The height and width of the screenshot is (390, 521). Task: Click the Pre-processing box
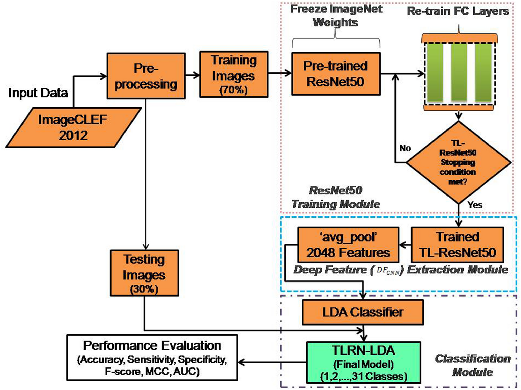(146, 76)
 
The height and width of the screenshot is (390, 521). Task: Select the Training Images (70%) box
(234, 74)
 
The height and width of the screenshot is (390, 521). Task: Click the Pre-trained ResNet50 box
(336, 74)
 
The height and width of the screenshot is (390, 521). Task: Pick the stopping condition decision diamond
(458, 162)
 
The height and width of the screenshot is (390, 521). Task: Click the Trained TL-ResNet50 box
(457, 245)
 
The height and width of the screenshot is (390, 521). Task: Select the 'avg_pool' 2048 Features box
(348, 245)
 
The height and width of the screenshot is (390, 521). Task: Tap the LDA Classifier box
(363, 312)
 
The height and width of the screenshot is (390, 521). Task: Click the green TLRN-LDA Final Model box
(363, 362)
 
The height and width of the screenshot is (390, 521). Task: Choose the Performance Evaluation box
(152, 358)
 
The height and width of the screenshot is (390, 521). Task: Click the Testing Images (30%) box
(144, 273)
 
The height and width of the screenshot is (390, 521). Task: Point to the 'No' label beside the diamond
(405, 148)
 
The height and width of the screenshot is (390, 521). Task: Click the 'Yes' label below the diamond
(475, 205)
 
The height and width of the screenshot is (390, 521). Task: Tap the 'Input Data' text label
(38, 93)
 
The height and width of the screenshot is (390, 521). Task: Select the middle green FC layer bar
(459, 72)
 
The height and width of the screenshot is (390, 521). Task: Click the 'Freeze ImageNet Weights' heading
(336, 16)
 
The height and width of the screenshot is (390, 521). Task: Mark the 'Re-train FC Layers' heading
(458, 11)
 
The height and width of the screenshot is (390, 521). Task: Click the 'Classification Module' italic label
(473, 365)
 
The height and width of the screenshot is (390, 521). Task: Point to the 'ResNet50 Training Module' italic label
(336, 197)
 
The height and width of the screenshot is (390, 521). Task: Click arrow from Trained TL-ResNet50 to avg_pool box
(405, 245)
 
